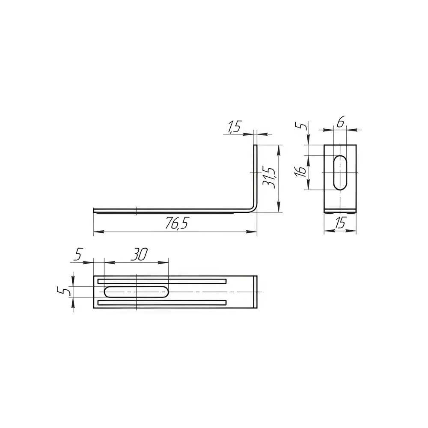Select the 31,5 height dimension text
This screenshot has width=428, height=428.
pos(269,178)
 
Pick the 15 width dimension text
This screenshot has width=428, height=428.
pos(340,223)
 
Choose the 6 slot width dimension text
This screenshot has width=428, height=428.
pos(340,122)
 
